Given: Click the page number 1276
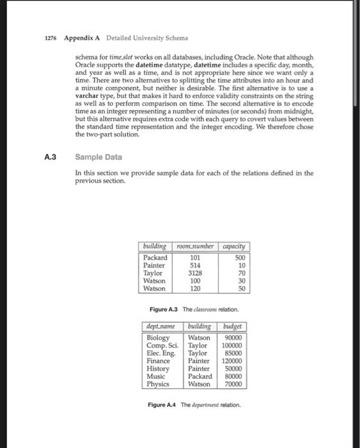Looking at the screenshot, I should click(x=51, y=38).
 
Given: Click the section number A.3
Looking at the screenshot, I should click(x=51, y=156).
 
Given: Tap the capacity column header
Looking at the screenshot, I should click(x=235, y=246).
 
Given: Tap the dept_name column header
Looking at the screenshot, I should click(x=162, y=326).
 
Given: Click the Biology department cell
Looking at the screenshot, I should click(x=158, y=337).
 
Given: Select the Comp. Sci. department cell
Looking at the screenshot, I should click(x=162, y=345).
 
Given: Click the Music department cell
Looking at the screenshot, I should click(x=156, y=376).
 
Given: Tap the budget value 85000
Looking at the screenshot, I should click(x=234, y=353).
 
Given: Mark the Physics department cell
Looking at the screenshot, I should click(x=158, y=384).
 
